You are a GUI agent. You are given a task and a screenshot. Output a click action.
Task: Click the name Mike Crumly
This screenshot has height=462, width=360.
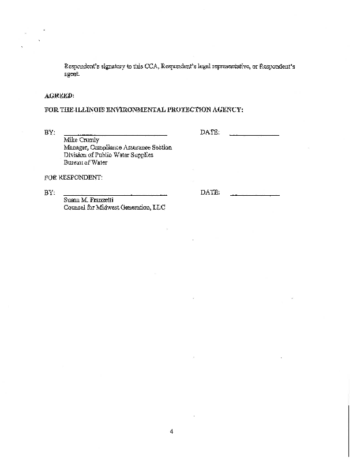click(81, 140)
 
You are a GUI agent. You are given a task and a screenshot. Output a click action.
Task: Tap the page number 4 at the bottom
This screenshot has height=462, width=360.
click(172, 431)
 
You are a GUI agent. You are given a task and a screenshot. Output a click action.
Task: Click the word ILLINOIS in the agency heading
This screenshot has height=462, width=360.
click(89, 109)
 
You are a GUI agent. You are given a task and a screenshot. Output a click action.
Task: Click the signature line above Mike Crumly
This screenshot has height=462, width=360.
click(115, 135)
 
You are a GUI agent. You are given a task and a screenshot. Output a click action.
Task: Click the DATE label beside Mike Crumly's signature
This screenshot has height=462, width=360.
click(209, 132)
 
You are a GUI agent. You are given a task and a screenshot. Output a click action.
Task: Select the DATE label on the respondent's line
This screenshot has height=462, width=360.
click(210, 192)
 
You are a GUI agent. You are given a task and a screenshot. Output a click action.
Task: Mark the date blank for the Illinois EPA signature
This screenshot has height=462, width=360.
click(254, 135)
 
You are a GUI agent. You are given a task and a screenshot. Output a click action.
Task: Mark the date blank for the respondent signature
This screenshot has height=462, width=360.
click(254, 195)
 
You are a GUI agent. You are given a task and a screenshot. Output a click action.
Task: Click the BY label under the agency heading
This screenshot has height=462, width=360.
click(50, 133)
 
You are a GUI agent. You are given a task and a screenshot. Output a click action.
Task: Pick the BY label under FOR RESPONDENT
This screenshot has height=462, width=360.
click(50, 192)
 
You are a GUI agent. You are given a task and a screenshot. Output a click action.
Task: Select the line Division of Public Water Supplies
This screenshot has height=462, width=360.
click(108, 155)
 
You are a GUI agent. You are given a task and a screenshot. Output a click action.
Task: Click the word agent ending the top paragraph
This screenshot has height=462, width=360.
click(72, 74)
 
